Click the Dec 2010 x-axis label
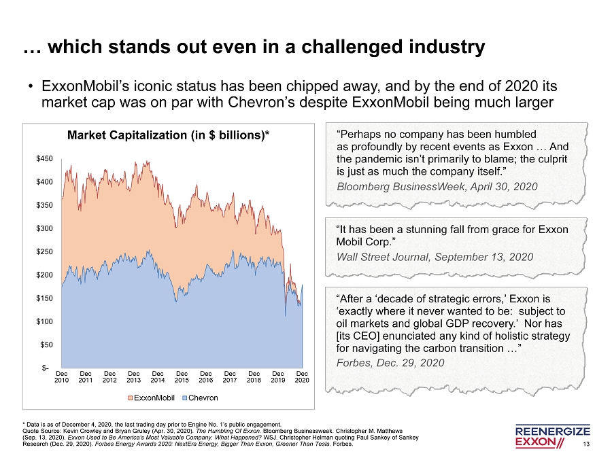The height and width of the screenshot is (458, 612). (x=62, y=377)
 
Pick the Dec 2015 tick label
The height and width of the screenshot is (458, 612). (x=182, y=377)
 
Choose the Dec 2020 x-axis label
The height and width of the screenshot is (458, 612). (x=303, y=377)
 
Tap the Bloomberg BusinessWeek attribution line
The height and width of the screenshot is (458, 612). (x=437, y=186)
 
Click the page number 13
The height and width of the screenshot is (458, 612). (x=586, y=444)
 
